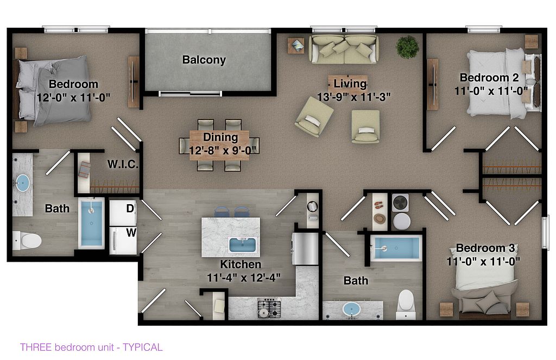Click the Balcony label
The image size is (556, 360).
(x=204, y=60)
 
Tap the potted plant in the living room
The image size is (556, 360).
(x=407, y=47)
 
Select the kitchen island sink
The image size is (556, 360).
(x=243, y=245)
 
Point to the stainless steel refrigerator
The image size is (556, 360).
(x=305, y=249)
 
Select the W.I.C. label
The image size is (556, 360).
(x=123, y=164)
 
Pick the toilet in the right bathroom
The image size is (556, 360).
(x=406, y=304)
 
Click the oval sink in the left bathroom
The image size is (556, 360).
(x=23, y=183)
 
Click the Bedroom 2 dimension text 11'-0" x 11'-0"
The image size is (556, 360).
(x=491, y=91)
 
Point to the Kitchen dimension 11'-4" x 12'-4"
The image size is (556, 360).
(x=244, y=277)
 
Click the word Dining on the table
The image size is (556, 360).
(x=220, y=137)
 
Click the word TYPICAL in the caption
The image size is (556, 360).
(x=143, y=347)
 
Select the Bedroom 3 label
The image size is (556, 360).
(x=485, y=248)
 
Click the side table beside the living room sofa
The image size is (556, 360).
(x=296, y=46)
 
